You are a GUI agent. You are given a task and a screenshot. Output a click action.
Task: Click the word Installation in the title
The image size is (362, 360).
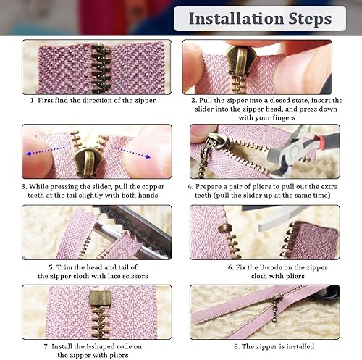236,19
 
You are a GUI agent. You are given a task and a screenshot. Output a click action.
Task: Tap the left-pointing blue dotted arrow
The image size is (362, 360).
46,151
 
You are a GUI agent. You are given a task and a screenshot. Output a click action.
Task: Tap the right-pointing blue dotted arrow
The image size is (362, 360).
132,153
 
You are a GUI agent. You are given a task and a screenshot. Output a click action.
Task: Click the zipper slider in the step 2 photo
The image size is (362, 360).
238,61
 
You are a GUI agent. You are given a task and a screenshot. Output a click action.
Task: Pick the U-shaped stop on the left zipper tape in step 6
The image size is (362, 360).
225,227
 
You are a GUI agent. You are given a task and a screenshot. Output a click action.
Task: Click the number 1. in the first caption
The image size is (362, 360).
33,101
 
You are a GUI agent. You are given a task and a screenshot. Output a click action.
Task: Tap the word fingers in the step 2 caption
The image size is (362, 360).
284,118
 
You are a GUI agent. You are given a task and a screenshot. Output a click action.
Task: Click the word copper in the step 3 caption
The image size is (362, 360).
153,187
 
